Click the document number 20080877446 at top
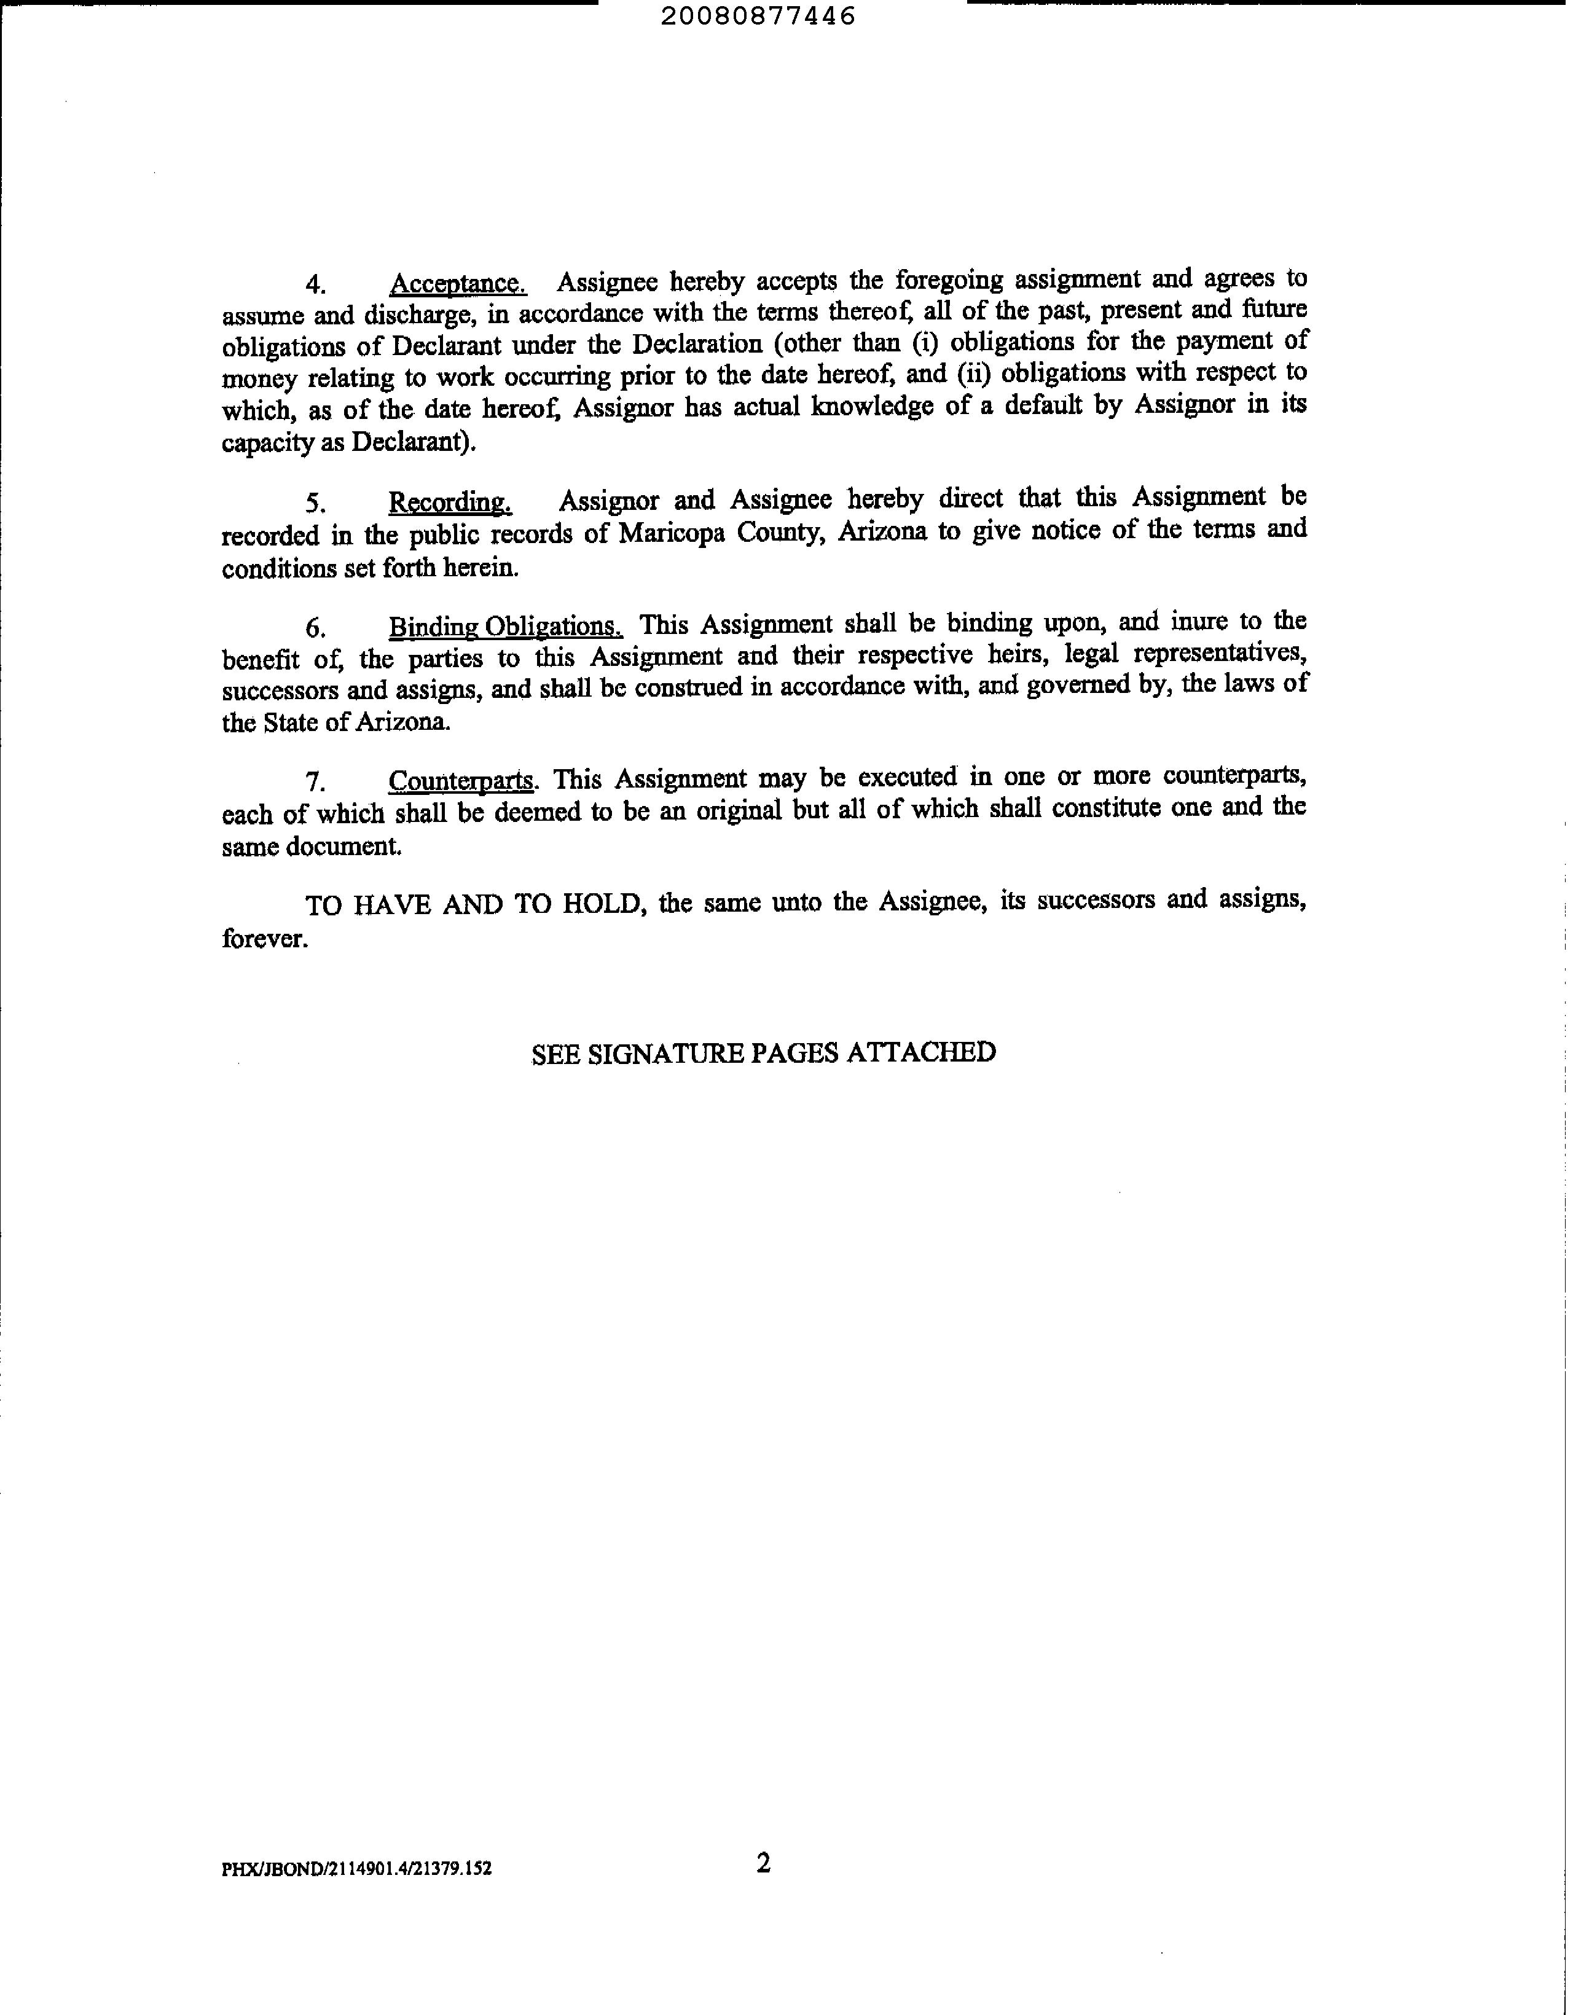[758, 17]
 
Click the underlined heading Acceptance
[458, 283]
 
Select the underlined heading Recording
[449, 503]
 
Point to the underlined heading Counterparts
[460, 781]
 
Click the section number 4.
[316, 283]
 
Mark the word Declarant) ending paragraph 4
[414, 442]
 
